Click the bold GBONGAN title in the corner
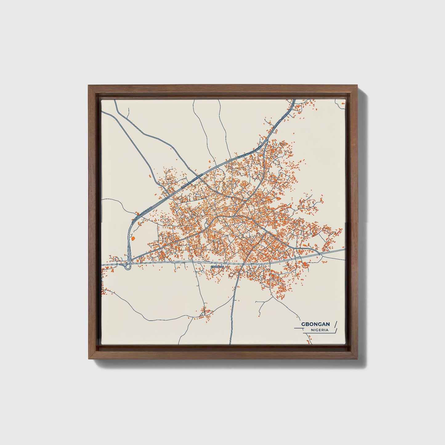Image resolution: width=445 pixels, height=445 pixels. tap(316, 324)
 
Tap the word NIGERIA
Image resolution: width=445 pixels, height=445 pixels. tap(320, 330)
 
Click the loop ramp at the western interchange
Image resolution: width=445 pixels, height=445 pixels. tap(128, 267)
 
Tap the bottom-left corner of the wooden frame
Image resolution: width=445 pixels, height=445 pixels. tap(89, 359)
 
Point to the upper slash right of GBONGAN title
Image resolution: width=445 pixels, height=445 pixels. tap(336, 324)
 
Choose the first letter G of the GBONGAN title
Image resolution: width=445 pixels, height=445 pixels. tap(303, 324)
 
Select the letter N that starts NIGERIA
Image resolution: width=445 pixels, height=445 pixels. tap(312, 330)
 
